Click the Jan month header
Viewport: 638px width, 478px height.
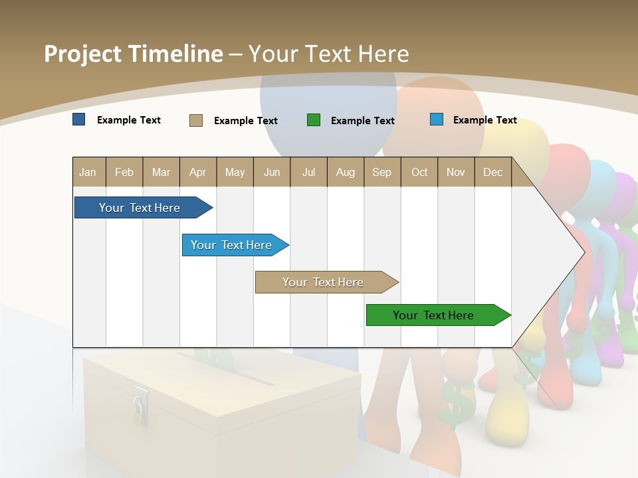88,172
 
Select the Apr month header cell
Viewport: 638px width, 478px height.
198,172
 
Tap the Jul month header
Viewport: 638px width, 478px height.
308,172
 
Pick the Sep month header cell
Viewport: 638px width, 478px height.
382,172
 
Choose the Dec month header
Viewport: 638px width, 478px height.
492,172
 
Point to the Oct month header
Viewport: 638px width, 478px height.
419,172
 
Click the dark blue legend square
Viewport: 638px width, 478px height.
79,119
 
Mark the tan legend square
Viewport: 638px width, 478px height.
196,120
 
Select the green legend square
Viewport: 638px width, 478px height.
314,120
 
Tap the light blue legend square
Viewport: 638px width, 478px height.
437,119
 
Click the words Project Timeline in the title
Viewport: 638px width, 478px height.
134,53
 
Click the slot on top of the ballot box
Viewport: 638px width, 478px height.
226,369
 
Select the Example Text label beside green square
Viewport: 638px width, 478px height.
363,120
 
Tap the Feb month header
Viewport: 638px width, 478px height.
124,172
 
